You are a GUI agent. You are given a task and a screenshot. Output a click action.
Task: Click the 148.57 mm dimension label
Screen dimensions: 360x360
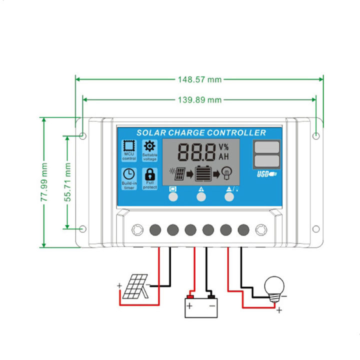coord(199,79)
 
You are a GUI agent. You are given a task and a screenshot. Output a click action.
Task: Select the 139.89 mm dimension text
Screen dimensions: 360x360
coord(199,100)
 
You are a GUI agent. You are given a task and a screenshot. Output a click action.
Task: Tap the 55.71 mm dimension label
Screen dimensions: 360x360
coord(67,182)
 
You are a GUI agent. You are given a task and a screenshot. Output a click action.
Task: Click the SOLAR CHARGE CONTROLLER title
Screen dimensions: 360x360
coord(201,133)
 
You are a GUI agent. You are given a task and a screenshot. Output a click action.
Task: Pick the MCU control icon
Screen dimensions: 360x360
coord(129,146)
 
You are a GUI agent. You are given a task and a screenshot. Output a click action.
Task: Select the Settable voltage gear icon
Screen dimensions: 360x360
coord(149,146)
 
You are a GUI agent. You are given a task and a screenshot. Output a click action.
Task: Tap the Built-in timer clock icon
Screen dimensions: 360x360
coord(129,174)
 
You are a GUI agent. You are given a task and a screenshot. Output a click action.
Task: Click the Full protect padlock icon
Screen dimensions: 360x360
coord(149,174)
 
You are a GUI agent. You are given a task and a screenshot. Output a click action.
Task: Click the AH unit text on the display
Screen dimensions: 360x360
coord(223,156)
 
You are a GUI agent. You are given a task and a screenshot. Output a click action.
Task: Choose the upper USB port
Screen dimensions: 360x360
coord(266,147)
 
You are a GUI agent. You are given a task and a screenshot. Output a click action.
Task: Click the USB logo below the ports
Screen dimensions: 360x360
coord(266,174)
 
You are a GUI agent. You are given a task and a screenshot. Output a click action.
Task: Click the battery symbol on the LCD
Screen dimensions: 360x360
coord(203,173)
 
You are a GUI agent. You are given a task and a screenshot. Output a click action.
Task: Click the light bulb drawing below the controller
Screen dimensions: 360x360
coord(274,287)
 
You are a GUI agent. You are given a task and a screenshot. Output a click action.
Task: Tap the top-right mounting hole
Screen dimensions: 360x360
coord(316,135)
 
